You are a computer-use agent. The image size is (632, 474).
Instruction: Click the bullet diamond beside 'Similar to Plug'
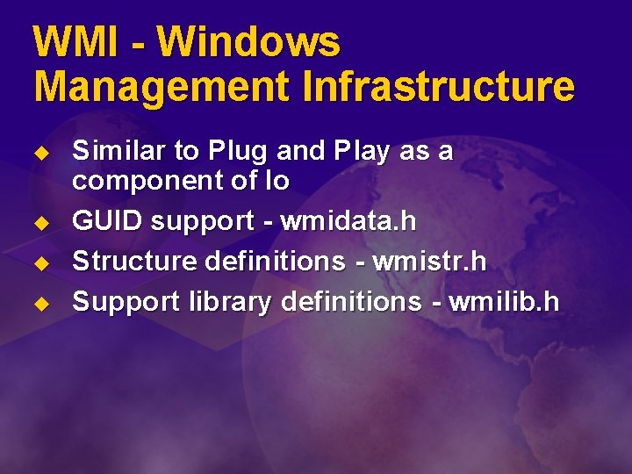39,153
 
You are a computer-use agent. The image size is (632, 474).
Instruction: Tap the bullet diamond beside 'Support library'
39,304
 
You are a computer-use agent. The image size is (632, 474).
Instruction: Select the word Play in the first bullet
361,153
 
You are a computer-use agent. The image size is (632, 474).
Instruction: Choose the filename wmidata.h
348,222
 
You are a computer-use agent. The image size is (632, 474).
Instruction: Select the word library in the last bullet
231,303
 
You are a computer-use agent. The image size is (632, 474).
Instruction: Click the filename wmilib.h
504,302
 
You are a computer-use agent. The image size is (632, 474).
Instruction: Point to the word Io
276,181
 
